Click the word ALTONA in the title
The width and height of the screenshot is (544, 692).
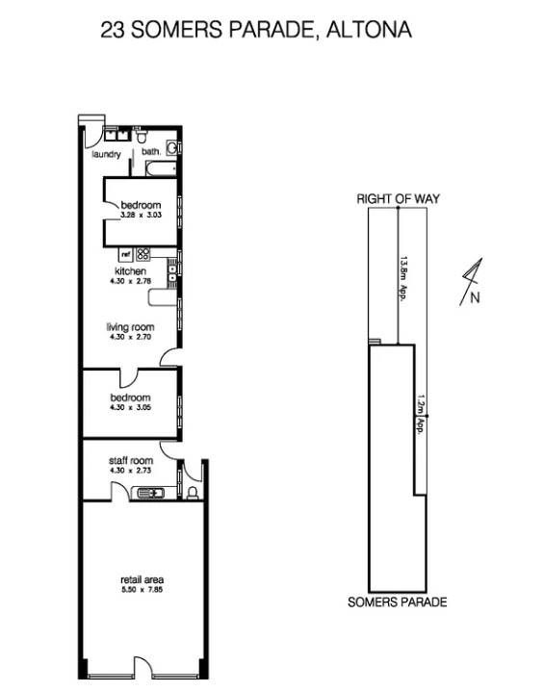pos(369,30)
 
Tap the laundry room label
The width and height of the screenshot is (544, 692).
pos(106,154)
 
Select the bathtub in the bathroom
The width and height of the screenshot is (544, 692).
pos(162,168)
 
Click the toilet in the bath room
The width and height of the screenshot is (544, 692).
pos(142,136)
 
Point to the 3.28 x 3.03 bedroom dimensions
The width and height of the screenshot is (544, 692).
pos(141,216)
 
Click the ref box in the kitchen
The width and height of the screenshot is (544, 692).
pos(126,254)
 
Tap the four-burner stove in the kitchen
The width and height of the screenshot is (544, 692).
pos(143,254)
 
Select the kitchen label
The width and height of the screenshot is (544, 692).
pos(130,271)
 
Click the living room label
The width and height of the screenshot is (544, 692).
pos(130,327)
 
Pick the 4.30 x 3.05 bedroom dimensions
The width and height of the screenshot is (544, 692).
pos(131,407)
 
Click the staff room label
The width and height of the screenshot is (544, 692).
pos(131,461)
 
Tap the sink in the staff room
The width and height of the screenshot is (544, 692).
pos(150,492)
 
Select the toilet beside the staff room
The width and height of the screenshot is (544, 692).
pos(193,492)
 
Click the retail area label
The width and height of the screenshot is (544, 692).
pos(142,580)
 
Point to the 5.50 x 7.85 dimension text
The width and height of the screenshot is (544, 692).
pos(142,590)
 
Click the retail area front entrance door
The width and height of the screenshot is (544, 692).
pos(142,667)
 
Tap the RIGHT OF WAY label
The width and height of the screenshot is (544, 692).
pos(399,198)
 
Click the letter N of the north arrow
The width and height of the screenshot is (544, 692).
pos(475,298)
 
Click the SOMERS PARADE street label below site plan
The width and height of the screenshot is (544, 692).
pos(398,602)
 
